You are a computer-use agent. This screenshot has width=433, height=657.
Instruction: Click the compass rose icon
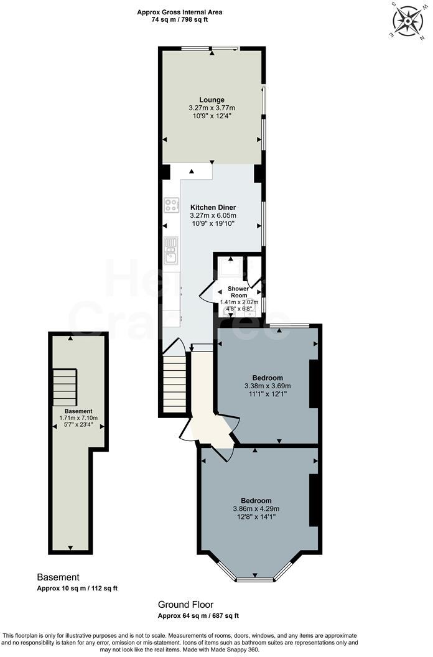coord(407,20)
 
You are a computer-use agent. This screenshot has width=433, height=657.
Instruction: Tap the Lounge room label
coord(212,100)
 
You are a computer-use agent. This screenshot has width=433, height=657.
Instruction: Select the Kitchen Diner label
coord(213,207)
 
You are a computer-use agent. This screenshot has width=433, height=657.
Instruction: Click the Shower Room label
coord(238,292)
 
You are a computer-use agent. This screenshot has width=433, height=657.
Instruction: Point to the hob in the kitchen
coord(171,205)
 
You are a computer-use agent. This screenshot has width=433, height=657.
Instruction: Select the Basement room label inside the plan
coord(78,411)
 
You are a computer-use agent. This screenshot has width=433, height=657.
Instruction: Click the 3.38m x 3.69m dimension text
coord(268,386)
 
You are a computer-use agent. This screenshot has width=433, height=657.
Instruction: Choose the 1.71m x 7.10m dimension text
coord(78,418)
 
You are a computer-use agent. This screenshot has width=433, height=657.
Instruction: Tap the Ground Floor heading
coord(185,604)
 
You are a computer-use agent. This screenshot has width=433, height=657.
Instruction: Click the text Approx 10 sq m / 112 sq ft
coord(77,588)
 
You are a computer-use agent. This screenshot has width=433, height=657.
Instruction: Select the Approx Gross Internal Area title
coord(179,12)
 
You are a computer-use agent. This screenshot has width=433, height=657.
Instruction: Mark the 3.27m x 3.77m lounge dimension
coord(212,108)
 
